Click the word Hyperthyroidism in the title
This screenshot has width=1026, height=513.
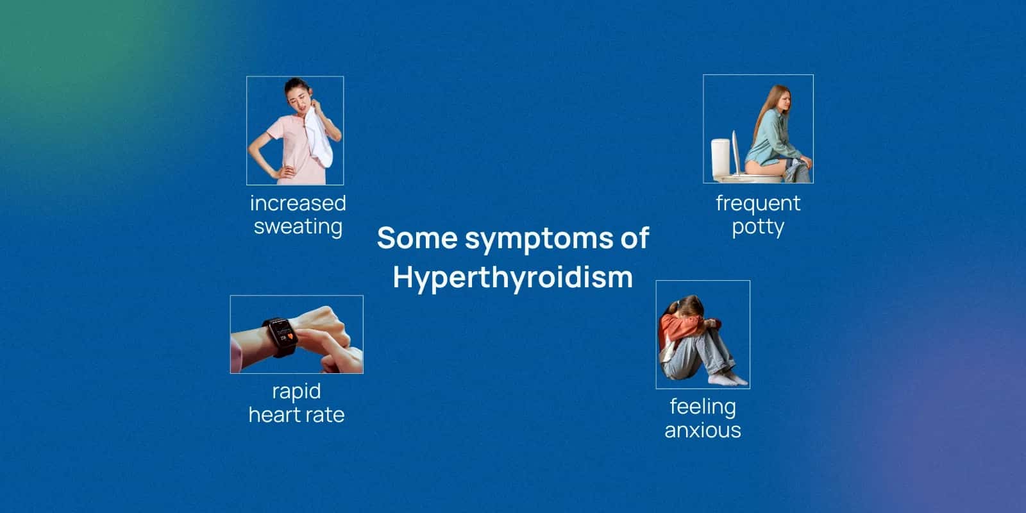point(512,277)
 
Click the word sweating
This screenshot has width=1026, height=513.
point(298,226)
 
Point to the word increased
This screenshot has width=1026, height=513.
point(298,203)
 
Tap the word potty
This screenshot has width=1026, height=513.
point(757,227)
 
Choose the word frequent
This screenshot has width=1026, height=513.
point(757,203)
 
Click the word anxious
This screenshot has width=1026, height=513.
point(702,430)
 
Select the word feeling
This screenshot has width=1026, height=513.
point(702,407)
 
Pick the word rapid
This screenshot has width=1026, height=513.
point(296,391)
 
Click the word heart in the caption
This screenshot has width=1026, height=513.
point(274,415)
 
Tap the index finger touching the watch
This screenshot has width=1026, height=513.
point(321,343)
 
